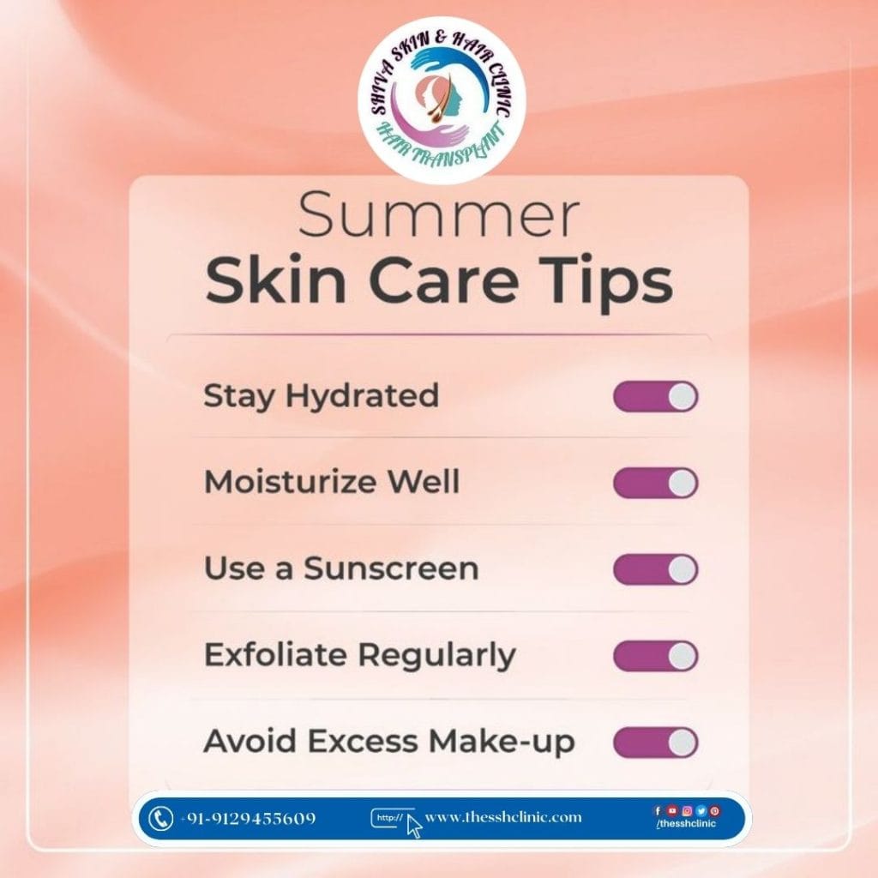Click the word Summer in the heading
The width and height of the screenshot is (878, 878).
(438, 215)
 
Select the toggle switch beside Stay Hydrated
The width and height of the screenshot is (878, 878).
(656, 396)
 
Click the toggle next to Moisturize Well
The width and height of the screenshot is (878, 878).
(656, 483)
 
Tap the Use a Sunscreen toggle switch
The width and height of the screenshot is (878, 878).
(656, 569)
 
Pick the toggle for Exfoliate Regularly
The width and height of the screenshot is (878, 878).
(656, 656)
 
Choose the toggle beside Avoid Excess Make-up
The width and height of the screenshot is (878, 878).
(656, 743)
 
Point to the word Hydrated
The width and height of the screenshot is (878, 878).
(363, 396)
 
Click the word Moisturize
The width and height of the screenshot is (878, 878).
(290, 482)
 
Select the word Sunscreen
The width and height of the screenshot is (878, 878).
(391, 568)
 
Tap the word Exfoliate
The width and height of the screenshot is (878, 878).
(275, 654)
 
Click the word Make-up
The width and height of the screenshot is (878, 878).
(502, 742)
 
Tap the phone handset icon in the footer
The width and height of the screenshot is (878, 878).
(160, 819)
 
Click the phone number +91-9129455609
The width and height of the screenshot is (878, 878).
(248, 819)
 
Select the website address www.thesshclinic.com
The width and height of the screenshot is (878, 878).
(503, 817)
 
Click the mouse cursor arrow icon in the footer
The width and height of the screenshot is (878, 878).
(414, 827)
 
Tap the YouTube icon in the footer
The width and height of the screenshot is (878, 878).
(672, 810)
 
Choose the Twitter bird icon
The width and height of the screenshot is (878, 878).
(701, 810)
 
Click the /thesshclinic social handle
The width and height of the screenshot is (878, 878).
(686, 824)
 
